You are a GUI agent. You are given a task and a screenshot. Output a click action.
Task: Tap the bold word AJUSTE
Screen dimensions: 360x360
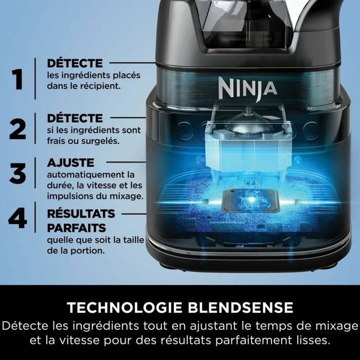[70, 163]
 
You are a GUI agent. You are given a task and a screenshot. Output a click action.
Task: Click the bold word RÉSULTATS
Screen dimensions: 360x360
[81, 214]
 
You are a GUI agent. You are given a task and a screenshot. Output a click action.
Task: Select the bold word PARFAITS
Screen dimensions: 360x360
[76, 228]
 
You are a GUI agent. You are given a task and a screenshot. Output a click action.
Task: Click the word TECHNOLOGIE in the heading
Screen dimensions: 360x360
[124, 307]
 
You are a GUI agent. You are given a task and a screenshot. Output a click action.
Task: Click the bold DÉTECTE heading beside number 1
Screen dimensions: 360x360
[75, 63]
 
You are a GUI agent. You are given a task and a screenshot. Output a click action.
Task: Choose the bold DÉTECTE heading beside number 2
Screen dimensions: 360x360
[75, 118]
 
